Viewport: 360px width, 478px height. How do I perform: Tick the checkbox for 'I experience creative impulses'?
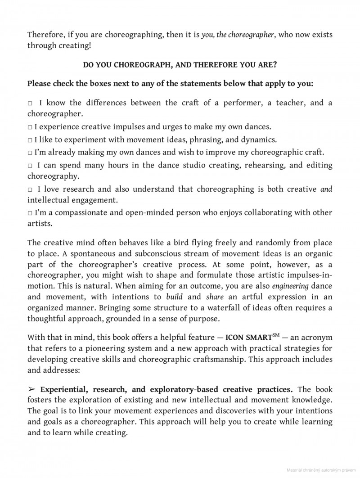point(30,128)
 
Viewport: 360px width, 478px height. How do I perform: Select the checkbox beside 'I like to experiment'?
point(30,140)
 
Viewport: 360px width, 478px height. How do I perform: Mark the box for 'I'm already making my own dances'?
point(30,152)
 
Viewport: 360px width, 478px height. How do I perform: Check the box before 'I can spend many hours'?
point(30,166)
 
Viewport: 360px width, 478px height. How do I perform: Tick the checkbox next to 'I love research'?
point(30,190)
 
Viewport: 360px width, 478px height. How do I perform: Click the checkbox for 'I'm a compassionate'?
point(30,213)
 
